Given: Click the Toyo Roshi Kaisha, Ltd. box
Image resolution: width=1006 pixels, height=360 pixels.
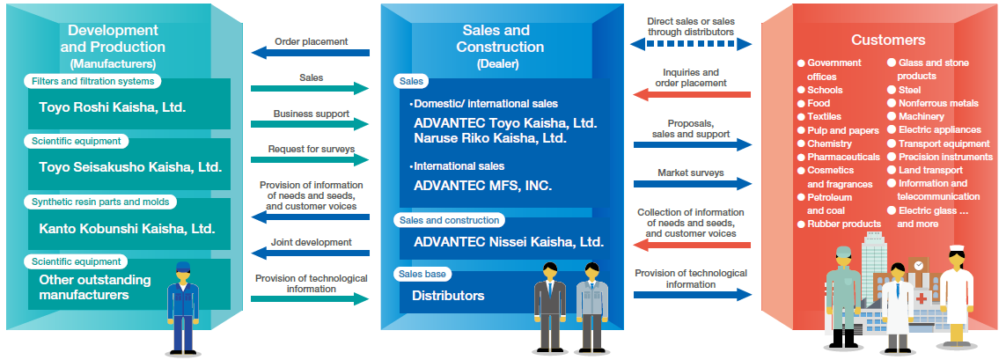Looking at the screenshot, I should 129,109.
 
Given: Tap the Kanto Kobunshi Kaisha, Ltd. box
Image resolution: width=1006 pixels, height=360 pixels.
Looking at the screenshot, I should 129,228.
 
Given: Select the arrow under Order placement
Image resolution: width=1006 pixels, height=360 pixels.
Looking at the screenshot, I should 311,53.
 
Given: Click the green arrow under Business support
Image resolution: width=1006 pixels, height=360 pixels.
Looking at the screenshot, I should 310,125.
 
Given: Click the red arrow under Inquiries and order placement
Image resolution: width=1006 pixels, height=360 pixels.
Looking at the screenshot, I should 691,94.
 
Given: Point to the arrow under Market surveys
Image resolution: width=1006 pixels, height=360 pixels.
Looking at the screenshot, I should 691,184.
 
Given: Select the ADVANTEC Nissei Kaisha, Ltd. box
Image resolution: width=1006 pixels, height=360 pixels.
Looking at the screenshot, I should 509,241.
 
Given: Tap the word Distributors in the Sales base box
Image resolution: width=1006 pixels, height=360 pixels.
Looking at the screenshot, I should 448,296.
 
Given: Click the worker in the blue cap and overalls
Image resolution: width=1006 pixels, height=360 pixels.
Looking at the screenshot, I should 183,304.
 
